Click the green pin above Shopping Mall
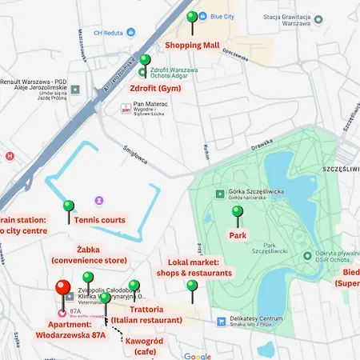click(x=191, y=18)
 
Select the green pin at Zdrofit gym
click(x=145, y=60)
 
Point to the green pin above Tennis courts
click(x=69, y=206)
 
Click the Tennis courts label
click(x=100, y=219)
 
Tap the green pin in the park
click(x=237, y=212)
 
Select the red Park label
click(x=238, y=235)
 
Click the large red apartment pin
click(x=63, y=290)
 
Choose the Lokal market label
click(x=200, y=267)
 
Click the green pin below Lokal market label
click(x=191, y=286)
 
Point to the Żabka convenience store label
click(x=89, y=254)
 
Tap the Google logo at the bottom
click(x=197, y=356)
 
